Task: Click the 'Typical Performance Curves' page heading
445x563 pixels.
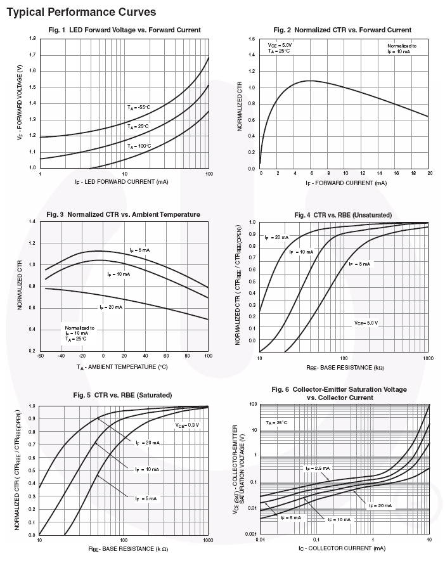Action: click(82, 12)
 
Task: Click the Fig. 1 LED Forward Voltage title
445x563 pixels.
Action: click(124, 30)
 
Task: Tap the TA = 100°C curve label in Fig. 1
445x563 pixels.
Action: click(139, 146)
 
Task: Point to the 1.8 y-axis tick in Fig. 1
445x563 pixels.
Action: click(32, 39)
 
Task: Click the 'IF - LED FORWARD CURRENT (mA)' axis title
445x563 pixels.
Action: click(124, 183)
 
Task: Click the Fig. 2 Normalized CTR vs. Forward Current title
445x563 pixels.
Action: click(342, 30)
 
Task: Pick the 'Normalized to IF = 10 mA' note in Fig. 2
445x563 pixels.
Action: click(402, 49)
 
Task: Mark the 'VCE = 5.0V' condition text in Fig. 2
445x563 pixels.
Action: click(279, 46)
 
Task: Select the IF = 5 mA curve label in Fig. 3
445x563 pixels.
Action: click(139, 250)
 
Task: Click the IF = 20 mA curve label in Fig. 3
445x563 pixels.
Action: click(111, 307)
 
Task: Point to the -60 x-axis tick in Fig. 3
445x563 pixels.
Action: click(39, 356)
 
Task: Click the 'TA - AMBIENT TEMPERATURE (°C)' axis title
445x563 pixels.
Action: click(122, 367)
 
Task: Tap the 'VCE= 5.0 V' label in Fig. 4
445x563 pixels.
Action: click(366, 323)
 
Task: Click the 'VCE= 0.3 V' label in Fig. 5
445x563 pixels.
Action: click(187, 424)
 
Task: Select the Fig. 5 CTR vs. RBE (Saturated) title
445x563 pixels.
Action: click(122, 395)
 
